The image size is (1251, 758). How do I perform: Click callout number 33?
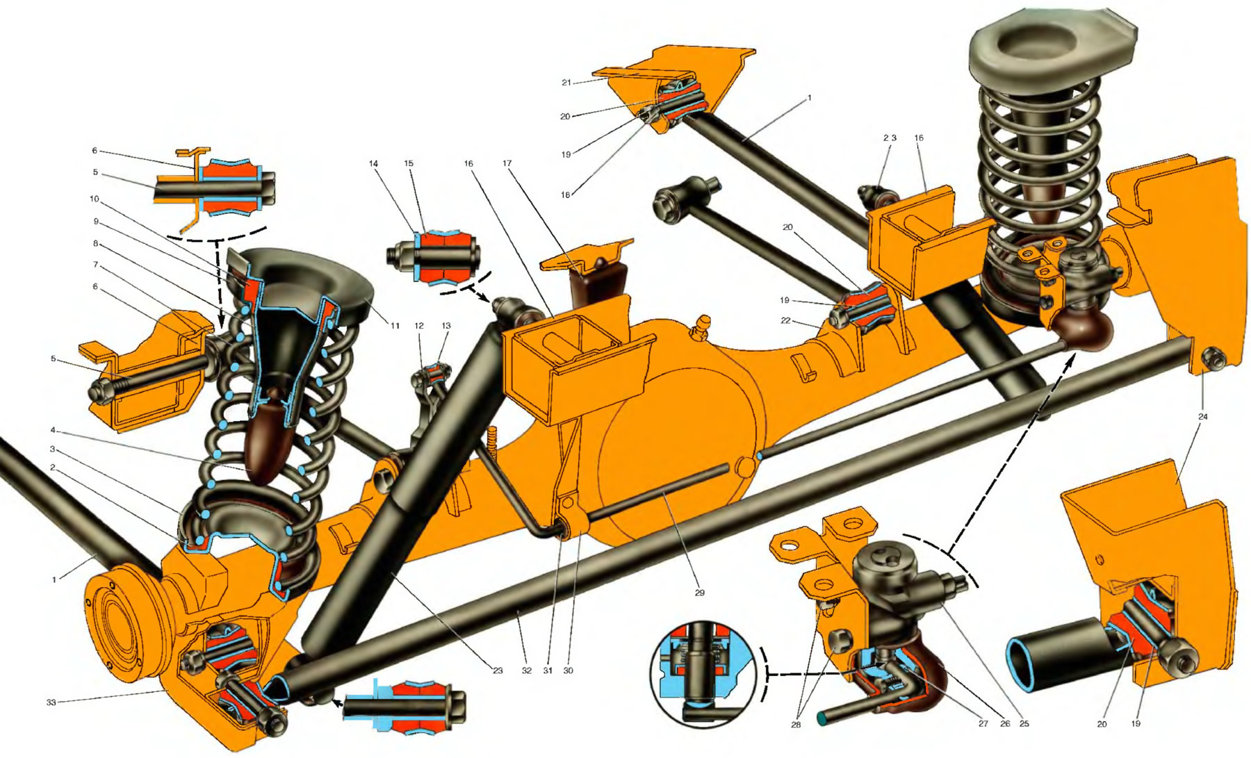click(x=51, y=702)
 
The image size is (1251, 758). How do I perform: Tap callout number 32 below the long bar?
click(x=527, y=670)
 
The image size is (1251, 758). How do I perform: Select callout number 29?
click(x=699, y=593)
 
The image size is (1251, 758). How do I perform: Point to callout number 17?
click(x=507, y=163)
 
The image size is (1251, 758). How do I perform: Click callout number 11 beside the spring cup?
click(x=395, y=325)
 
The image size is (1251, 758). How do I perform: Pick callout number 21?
click(x=566, y=82)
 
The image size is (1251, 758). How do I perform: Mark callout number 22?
click(x=785, y=320)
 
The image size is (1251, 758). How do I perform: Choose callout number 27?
click(x=983, y=723)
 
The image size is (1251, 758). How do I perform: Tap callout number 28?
click(x=796, y=725)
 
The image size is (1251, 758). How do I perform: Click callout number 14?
click(x=373, y=164)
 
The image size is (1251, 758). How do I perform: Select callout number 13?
click(x=446, y=325)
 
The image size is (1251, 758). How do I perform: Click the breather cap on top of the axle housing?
click(x=701, y=326)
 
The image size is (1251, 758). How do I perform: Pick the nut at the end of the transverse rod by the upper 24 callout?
click(x=1213, y=359)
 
